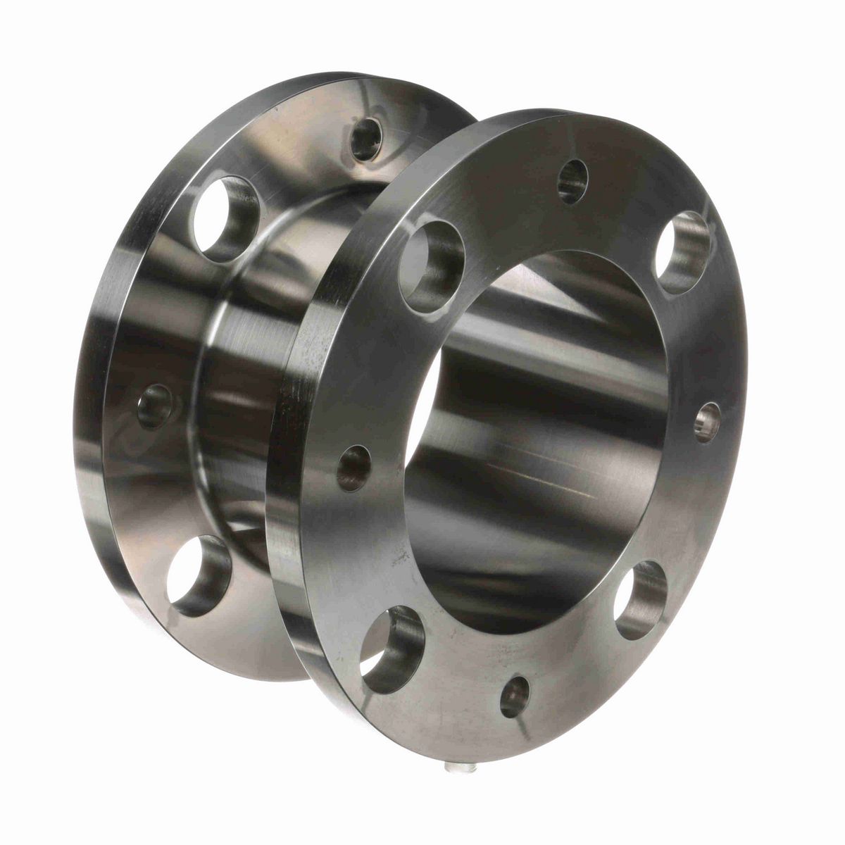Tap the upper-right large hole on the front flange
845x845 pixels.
682,252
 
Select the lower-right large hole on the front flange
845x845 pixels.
640,599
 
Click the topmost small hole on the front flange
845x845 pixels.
572,182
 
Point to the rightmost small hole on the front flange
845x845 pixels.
708,423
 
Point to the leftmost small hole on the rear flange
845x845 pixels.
154,406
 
